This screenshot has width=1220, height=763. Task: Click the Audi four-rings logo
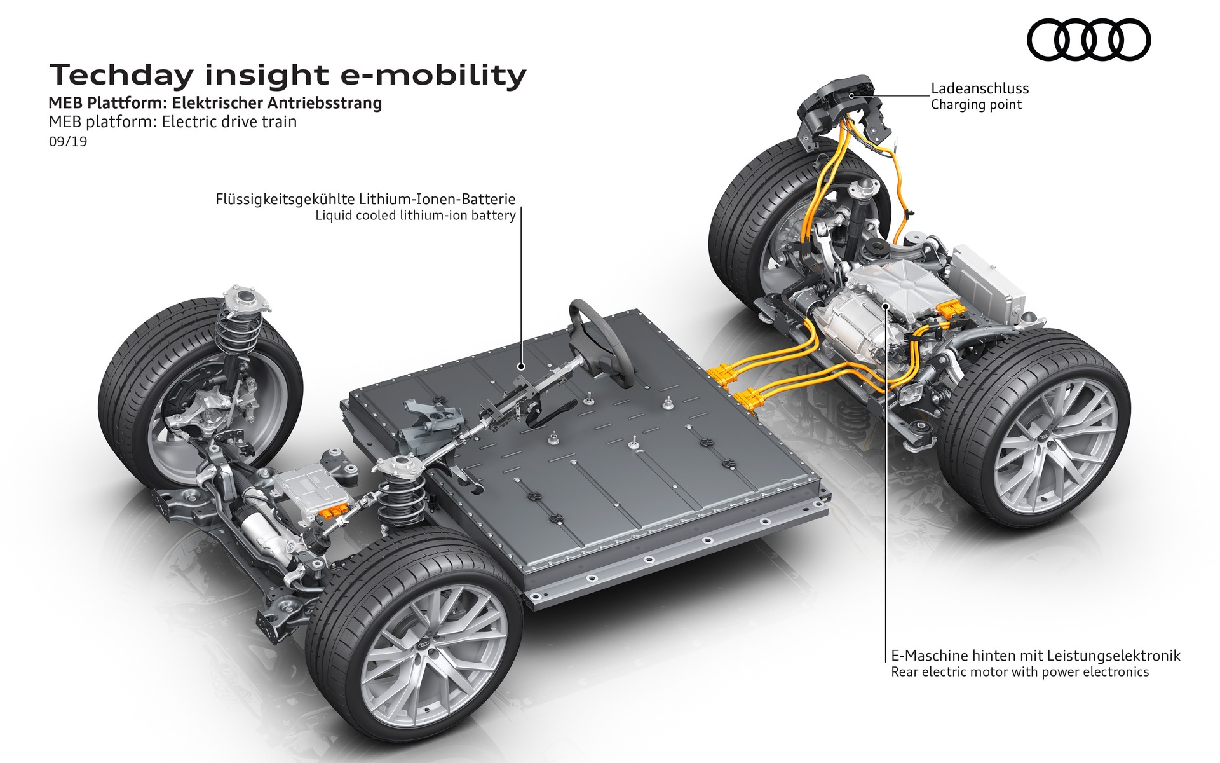[x=1088, y=40]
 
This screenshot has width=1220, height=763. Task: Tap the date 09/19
[x=68, y=141]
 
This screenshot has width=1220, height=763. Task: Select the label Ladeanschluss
[x=979, y=89]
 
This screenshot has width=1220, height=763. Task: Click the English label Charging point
[x=976, y=105]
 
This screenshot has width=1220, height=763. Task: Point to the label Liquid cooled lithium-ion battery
[x=416, y=216]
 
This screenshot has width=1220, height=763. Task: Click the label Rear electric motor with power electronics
[x=1019, y=672]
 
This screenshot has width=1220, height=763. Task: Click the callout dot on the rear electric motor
[x=886, y=306]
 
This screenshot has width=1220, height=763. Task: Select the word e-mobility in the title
[x=433, y=75]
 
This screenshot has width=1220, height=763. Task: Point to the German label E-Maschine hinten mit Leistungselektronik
[x=1035, y=656]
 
